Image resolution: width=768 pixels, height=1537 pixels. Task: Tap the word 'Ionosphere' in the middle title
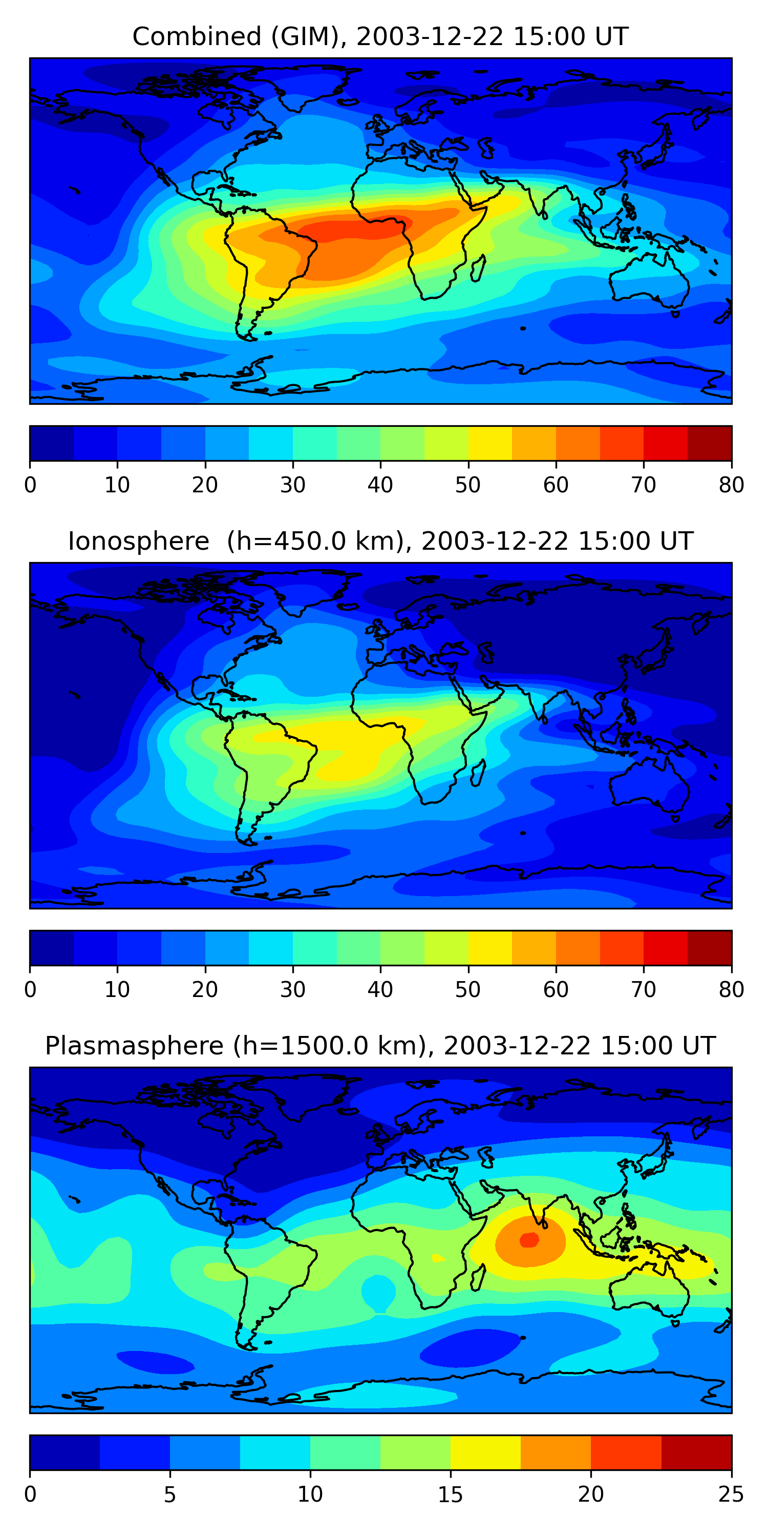coord(138,542)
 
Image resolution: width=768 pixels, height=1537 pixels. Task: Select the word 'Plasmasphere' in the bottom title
coord(134,1046)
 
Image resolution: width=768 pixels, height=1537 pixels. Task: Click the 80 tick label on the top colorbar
coord(731,485)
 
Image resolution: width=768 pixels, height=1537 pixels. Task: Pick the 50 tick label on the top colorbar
coord(468,485)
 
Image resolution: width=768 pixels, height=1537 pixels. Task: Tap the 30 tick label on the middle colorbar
coord(293,990)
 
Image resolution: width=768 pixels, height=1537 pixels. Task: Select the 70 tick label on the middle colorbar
coord(644,990)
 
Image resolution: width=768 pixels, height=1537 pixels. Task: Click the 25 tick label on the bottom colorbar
coord(731,1494)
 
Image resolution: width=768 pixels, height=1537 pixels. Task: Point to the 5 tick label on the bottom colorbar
coord(170,1494)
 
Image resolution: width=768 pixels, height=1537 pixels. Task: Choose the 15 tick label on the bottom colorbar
coord(450,1494)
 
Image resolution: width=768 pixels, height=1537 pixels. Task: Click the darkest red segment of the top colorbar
coord(710,443)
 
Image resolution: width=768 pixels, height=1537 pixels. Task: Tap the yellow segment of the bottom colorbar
coord(485,1452)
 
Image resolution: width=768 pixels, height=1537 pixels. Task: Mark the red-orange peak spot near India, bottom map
coord(529,1240)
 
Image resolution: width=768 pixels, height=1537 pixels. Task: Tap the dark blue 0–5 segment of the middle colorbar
coord(52,947)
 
